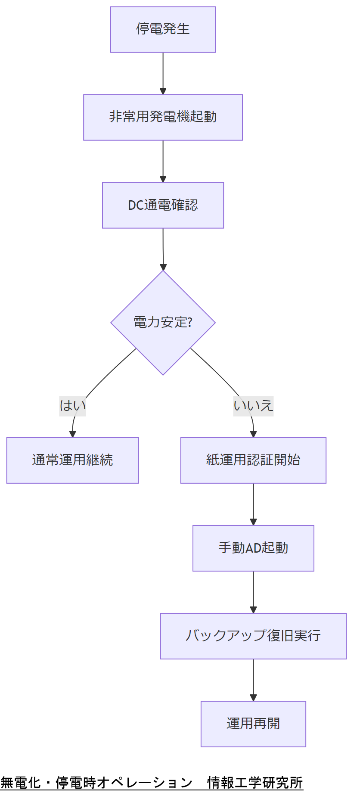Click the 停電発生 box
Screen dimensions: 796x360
pos(163,30)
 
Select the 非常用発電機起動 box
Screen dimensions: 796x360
pos(163,118)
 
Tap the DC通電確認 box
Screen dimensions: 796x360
pos(163,205)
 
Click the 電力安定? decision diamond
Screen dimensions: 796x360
pos(163,323)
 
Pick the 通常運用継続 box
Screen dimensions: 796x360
pos(72,460)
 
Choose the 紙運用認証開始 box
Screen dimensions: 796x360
pos(253,460)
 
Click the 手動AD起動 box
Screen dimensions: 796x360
pos(253,548)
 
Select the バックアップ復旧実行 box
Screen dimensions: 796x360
pos(253,636)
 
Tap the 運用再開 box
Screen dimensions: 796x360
pos(253,724)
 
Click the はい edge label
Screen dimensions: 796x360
pos(72,406)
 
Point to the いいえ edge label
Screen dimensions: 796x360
pos(253,406)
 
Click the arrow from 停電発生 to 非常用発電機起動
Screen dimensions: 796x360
pos(163,73)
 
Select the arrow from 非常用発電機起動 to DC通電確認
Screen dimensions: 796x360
pos(163,161)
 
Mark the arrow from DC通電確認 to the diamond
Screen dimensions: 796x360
pos(163,249)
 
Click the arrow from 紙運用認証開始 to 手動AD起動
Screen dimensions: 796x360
pos(253,504)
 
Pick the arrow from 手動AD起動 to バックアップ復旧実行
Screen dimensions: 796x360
pos(253,592)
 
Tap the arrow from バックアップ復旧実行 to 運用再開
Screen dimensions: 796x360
pos(253,680)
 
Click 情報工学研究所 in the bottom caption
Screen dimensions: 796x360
pos(255,783)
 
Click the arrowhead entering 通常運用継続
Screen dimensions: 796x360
pos(72,434)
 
